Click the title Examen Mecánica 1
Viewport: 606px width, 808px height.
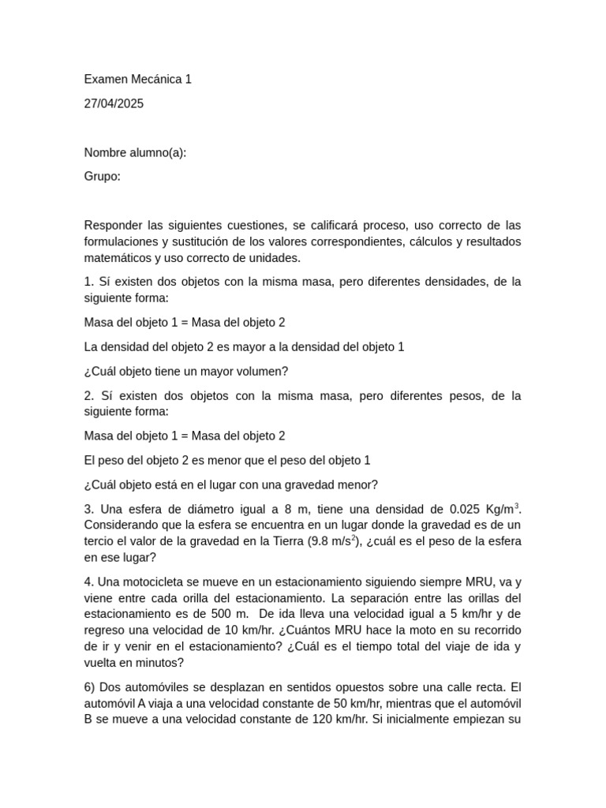click(x=137, y=79)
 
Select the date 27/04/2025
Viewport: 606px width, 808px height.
click(x=114, y=103)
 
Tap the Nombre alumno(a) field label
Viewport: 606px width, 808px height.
click(x=135, y=152)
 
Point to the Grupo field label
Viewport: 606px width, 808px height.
click(x=102, y=176)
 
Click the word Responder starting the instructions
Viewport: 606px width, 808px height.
click(x=112, y=225)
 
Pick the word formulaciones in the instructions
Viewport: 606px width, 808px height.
click(x=120, y=241)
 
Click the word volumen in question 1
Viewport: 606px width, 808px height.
click(x=260, y=371)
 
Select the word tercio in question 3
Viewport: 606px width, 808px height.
click(x=103, y=541)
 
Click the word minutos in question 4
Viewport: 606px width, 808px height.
click(x=159, y=663)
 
